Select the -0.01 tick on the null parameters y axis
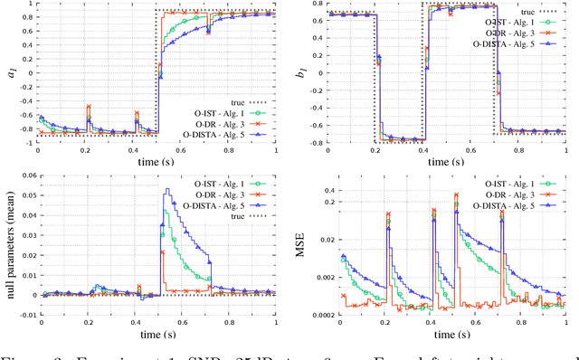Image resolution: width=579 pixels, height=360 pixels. pyautogui.click(x=23, y=315)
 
